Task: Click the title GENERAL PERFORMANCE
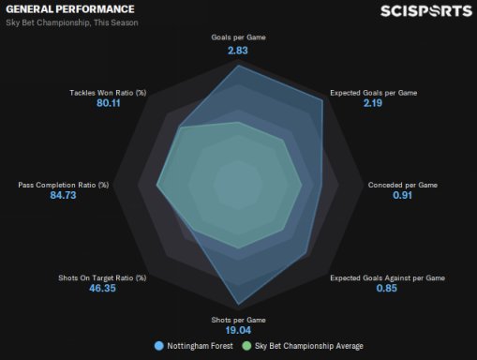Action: pyautogui.click(x=70, y=9)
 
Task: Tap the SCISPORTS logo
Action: pyautogui.click(x=426, y=11)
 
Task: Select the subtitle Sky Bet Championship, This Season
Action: pyautogui.click(x=72, y=22)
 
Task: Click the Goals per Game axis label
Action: pyautogui.click(x=238, y=37)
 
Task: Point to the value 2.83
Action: pyautogui.click(x=238, y=51)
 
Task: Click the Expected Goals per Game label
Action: pyautogui.click(x=374, y=93)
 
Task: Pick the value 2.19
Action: pyautogui.click(x=373, y=103)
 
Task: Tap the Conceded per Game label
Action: pyautogui.click(x=403, y=185)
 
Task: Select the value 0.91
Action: pyautogui.click(x=402, y=195)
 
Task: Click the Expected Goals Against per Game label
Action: pyautogui.click(x=388, y=277)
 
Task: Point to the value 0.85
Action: pyautogui.click(x=386, y=288)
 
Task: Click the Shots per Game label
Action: pyautogui.click(x=238, y=320)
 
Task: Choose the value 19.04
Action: pyautogui.click(x=238, y=330)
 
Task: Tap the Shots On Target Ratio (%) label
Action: pyautogui.click(x=102, y=277)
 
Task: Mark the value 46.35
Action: pyautogui.click(x=102, y=288)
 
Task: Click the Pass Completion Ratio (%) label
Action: pyautogui.click(x=64, y=185)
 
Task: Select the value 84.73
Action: pyautogui.click(x=63, y=195)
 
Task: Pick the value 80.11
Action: pyautogui.click(x=109, y=103)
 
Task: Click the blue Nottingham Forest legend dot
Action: pyautogui.click(x=159, y=346)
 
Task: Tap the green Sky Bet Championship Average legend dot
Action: pyautogui.click(x=246, y=346)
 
